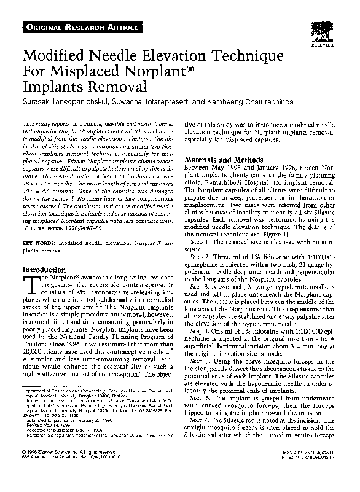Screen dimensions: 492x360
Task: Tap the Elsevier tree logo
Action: [321, 35]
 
